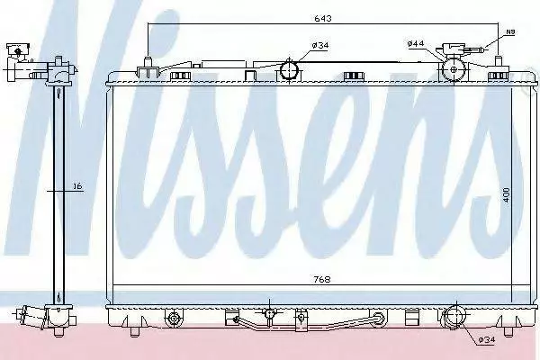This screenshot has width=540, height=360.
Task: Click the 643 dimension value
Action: click(323, 18)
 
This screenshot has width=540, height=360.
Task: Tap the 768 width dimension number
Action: click(322, 279)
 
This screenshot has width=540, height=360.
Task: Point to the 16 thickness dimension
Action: click(78, 186)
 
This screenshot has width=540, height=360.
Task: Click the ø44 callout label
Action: click(415, 43)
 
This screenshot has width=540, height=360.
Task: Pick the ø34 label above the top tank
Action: click(320, 45)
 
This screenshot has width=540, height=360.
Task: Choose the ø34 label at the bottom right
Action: click(486, 340)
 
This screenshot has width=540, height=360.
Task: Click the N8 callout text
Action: click(510, 32)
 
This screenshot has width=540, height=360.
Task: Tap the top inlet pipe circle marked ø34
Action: click(289, 69)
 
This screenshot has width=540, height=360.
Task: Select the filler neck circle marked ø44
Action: click(454, 69)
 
